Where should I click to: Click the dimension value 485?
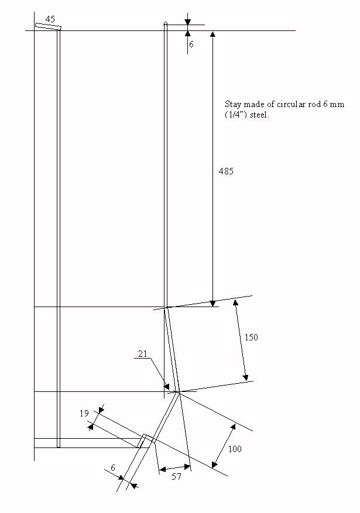click(226, 171)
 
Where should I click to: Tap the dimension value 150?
click(251, 338)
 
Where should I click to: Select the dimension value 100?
click(235, 449)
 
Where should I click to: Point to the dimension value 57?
click(176, 477)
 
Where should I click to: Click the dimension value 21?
click(143, 354)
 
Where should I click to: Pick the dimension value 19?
click(84, 414)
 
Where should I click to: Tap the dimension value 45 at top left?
click(50, 19)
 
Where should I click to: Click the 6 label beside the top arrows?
click(191, 44)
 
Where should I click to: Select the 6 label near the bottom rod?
click(113, 468)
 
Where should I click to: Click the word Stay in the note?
click(233, 105)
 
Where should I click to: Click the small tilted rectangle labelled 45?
click(49, 26)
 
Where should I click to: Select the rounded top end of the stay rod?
click(166, 23)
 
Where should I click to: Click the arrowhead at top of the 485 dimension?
click(212, 35)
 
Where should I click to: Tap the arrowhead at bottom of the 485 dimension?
click(212, 303)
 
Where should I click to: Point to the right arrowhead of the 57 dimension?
click(187, 467)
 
